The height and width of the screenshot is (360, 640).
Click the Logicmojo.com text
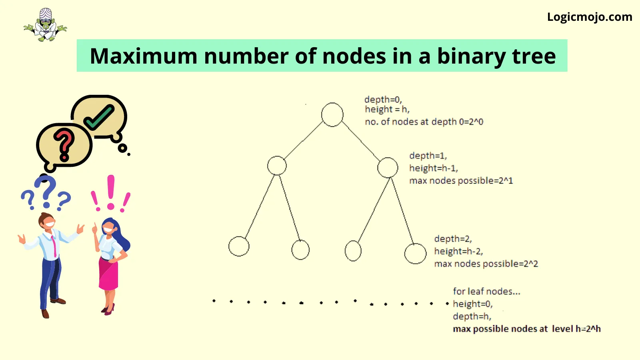pyautogui.click(x=590, y=17)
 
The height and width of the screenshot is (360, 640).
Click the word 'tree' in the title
pyautogui.click(x=534, y=56)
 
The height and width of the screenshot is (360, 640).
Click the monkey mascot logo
pyautogui.click(x=45, y=25)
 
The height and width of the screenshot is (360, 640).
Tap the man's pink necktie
pyautogui.click(x=54, y=246)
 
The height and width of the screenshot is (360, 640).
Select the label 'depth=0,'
pyautogui.click(x=383, y=100)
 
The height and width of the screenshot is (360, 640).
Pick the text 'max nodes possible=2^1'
pyautogui.click(x=461, y=180)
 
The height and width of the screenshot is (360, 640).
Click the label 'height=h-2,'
pyautogui.click(x=458, y=251)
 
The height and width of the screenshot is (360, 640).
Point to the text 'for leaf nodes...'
pyautogui.click(x=486, y=292)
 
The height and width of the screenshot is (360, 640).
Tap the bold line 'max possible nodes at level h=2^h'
pyautogui.click(x=527, y=329)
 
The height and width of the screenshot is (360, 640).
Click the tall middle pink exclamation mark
pyautogui.click(x=111, y=192)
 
